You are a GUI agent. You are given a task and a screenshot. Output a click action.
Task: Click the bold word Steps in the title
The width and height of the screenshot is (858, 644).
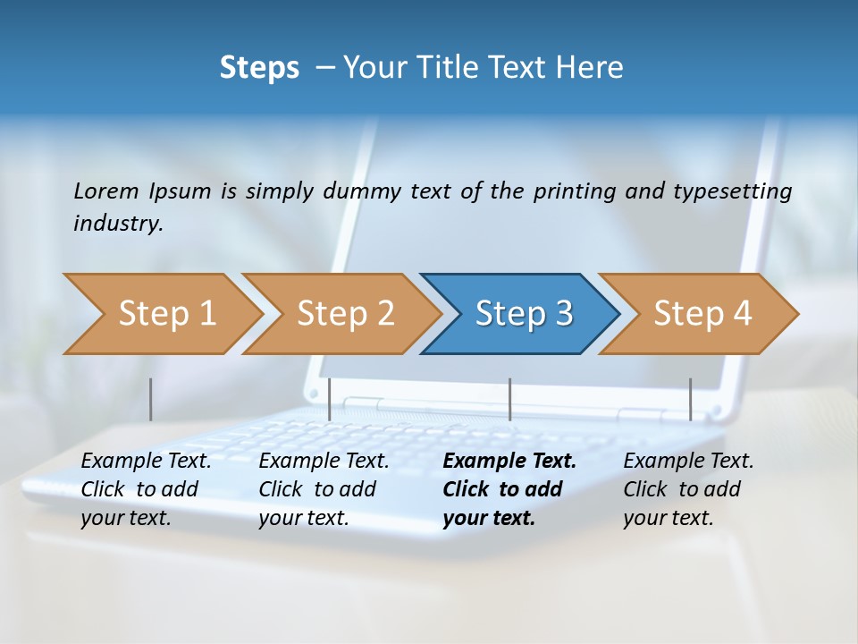(259, 67)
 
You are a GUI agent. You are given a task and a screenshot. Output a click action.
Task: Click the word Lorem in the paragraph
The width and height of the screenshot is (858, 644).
(106, 191)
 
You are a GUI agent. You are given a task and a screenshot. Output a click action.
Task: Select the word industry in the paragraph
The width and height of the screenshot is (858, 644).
(117, 224)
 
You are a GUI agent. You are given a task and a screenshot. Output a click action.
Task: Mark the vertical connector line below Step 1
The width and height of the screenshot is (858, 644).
(150, 399)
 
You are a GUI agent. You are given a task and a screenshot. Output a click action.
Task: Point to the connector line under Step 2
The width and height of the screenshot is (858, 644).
(330, 399)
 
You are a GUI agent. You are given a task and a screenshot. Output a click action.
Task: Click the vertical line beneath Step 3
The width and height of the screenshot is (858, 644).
(509, 399)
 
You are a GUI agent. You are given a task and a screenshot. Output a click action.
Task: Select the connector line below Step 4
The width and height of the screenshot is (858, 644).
(690, 399)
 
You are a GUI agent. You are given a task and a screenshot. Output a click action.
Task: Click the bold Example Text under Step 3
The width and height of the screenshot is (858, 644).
(509, 462)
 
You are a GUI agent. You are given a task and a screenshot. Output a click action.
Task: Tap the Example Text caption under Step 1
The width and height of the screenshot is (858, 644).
(147, 462)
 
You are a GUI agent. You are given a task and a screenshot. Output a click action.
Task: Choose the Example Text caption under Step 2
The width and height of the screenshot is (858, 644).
(324, 462)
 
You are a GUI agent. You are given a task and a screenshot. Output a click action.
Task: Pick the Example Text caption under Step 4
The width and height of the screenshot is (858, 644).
(689, 462)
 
